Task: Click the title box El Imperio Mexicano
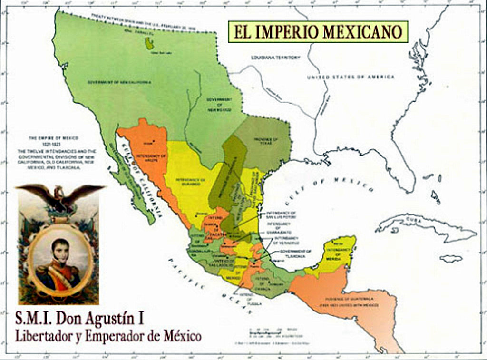[x=318, y=31]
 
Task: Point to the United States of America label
[x=351, y=77]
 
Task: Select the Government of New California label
[x=119, y=82]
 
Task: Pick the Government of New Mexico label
[x=219, y=105]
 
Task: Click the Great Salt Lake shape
[x=149, y=44]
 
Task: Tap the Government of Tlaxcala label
[x=295, y=253]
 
